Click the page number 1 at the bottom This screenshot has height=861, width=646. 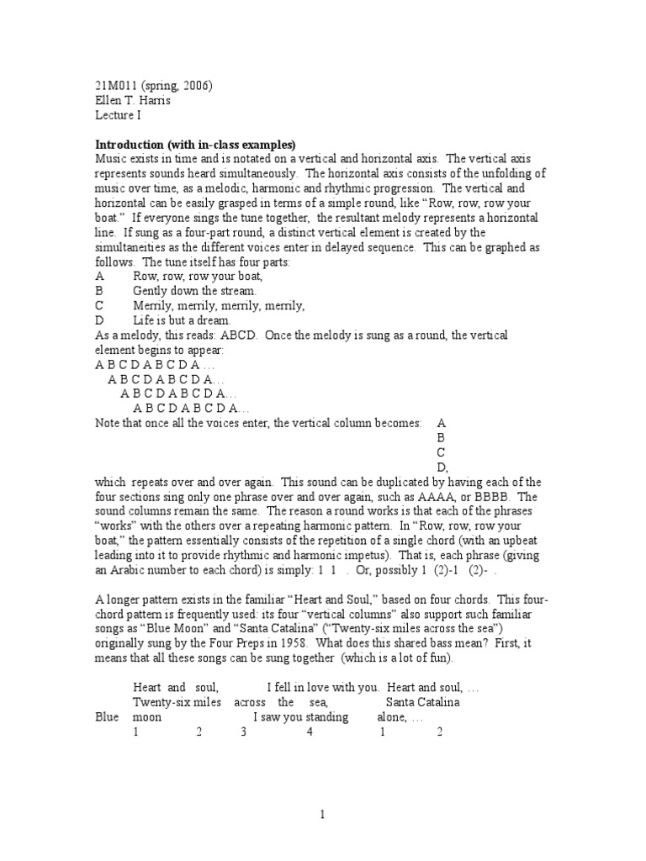(321, 814)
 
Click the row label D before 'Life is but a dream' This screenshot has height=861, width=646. (100, 320)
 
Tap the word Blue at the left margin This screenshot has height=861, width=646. (107, 717)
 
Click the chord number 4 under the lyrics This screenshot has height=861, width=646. (310, 732)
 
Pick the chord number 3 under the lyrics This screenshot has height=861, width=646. (243, 732)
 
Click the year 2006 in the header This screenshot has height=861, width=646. (196, 86)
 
